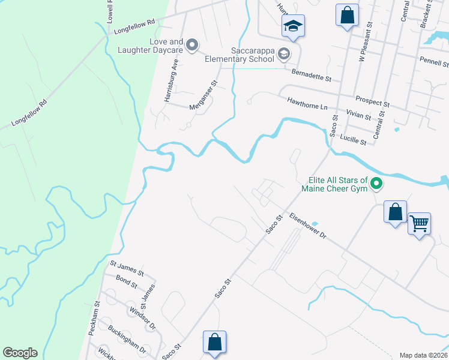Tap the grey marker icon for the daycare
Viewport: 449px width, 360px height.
(x=193, y=45)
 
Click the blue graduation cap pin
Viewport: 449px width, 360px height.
(x=294, y=26)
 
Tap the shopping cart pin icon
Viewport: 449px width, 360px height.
(x=420, y=224)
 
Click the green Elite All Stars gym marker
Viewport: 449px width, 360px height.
(x=376, y=184)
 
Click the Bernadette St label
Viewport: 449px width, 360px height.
(x=311, y=75)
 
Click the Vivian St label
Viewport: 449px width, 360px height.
(x=358, y=114)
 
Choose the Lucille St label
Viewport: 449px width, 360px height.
(x=353, y=140)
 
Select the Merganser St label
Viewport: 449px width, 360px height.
(x=203, y=95)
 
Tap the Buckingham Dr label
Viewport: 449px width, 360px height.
(x=127, y=339)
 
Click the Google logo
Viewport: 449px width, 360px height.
(x=20, y=353)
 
